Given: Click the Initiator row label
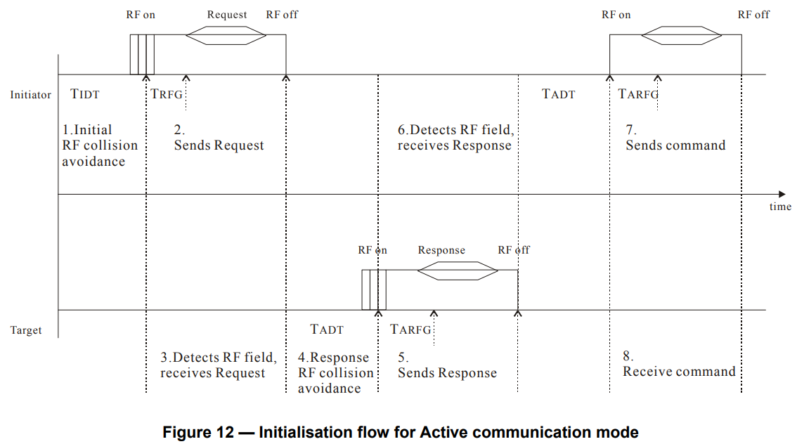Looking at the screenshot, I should tap(30, 95).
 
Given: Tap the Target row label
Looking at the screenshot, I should tap(26, 330).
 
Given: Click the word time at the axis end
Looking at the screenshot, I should tap(779, 207).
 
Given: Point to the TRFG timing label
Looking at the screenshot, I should tap(167, 94).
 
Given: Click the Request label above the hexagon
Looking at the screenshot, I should tap(227, 15).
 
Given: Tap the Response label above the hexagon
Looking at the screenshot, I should tap(441, 250).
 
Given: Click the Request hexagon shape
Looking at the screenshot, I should tap(216, 36).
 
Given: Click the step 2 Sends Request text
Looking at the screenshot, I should tap(219, 138).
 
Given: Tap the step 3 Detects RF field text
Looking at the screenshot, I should tap(218, 365).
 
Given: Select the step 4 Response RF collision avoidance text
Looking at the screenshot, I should tap(333, 372).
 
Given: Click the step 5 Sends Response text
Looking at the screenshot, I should tap(447, 365).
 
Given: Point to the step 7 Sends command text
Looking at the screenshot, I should tap(675, 138).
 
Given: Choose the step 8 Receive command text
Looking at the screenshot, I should tap(679, 363).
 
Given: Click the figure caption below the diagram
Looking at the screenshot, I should tap(400, 432).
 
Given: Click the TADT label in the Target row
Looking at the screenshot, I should tap(327, 329).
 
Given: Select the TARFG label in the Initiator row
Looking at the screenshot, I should tap(638, 94).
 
